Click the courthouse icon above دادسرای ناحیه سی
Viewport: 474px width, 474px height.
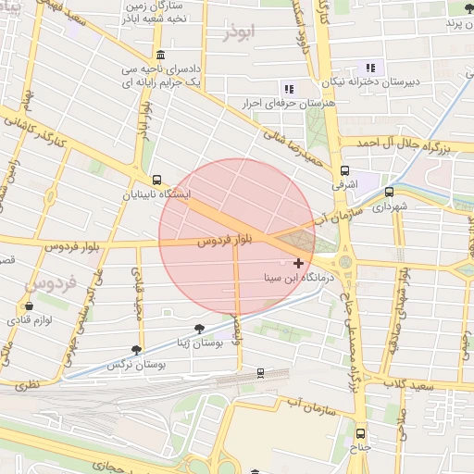pos(161,55)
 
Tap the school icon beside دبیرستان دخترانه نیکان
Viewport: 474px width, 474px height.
pos(370,67)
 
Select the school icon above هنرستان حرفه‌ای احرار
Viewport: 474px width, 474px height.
pos(289,89)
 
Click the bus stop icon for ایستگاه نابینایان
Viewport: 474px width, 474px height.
pos(156,181)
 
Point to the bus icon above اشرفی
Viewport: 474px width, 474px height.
pos(344,171)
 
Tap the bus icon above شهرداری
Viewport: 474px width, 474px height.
pos(389,193)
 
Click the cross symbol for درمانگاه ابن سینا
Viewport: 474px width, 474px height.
pos(298,264)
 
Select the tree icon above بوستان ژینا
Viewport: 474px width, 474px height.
pos(199,329)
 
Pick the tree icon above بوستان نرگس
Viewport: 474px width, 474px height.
pos(137,350)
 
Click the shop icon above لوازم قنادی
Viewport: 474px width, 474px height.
pos(29,306)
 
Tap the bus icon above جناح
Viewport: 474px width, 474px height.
pos(361,433)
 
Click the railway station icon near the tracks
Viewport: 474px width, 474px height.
pos(260,372)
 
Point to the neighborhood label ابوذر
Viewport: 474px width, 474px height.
pos(238,31)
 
